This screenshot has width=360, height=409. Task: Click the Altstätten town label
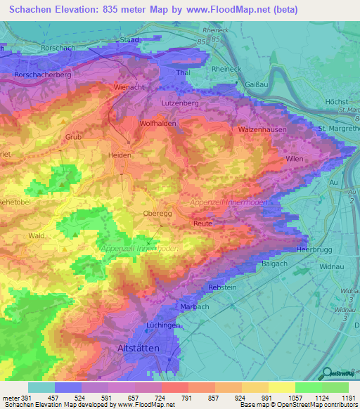click(145, 349)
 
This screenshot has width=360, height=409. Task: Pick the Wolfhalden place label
click(161, 123)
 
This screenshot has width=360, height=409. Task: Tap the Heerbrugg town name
click(314, 249)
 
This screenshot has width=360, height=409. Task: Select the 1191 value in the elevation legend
click(349, 398)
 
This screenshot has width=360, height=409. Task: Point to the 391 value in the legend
click(26, 398)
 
